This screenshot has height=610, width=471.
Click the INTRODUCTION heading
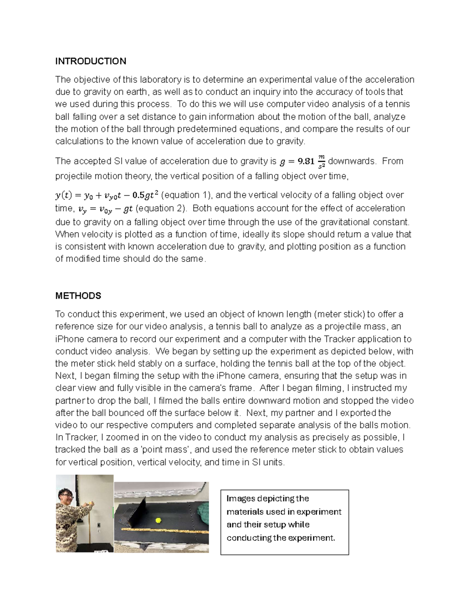pyautogui.click(x=91, y=61)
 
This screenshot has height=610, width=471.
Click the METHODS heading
pyautogui.click(x=78, y=296)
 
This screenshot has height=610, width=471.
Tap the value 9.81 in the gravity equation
pyautogui.click(x=306, y=161)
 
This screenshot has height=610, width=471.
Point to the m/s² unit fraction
pyautogui.click(x=321, y=161)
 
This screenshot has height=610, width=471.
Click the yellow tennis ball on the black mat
pyautogui.click(x=158, y=520)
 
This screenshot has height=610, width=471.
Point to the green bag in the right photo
pyautogui.click(x=202, y=511)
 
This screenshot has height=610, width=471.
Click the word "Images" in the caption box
pyautogui.click(x=241, y=498)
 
